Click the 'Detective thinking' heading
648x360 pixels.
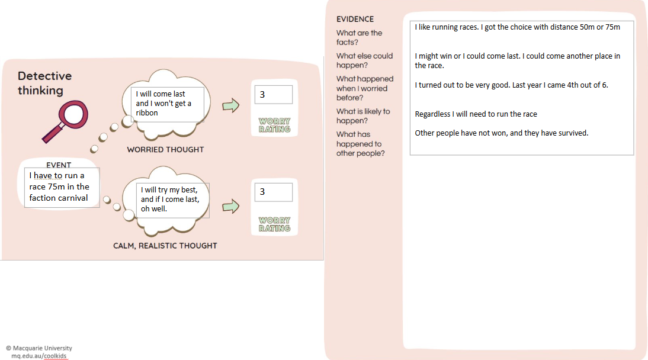coord(44,83)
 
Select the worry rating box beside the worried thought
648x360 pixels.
coord(274,95)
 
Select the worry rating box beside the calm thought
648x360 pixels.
coord(274,192)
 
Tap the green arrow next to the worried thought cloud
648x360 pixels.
coord(230,105)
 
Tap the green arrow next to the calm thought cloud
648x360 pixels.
coord(230,206)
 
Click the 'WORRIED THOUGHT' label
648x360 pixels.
coord(165,150)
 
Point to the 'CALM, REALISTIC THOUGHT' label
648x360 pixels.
coord(165,246)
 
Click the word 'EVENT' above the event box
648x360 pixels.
coord(59,165)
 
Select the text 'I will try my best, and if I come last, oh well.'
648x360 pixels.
coord(174,200)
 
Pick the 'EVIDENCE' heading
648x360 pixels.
coord(355,20)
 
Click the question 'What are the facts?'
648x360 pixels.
coord(360,37)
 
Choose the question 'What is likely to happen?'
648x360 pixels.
coord(363,116)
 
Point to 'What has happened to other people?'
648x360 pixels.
coord(361,144)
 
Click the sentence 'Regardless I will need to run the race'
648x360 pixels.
coord(476,114)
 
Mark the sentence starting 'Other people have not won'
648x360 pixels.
coord(501,133)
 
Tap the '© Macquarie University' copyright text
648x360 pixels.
coord(39,348)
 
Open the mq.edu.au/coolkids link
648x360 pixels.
coord(39,356)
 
